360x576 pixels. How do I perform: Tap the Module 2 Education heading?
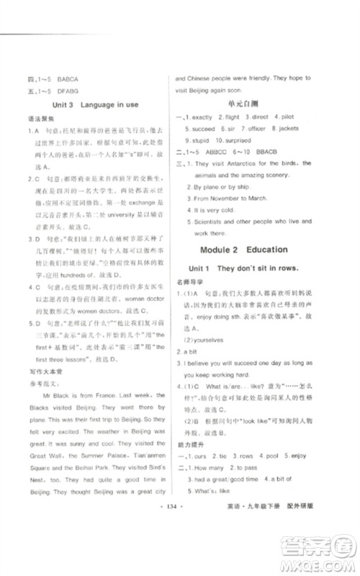(x=247, y=249)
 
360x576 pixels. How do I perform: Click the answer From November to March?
(x=231, y=197)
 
